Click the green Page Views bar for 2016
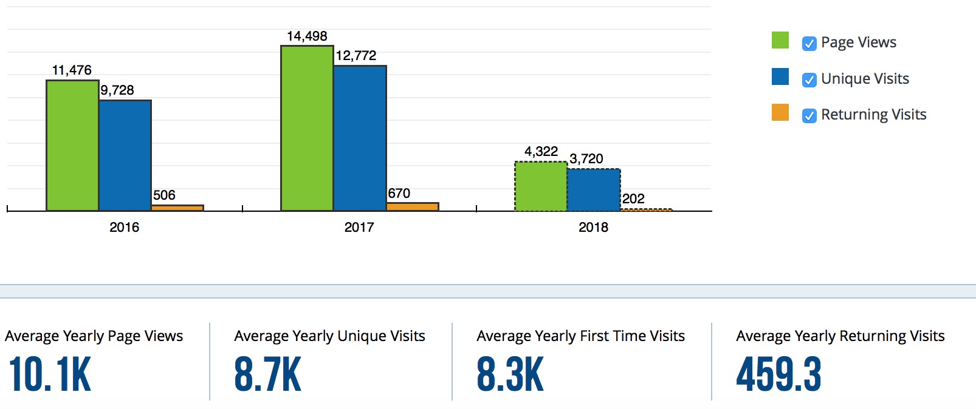(72, 146)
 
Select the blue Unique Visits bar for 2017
(360, 138)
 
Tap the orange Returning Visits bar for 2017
(412, 207)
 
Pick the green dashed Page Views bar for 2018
(541, 186)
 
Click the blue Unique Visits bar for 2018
(594, 190)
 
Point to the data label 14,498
(307, 36)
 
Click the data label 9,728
(117, 90)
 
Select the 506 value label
(164, 195)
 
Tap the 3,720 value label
(586, 159)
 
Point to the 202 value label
(633, 199)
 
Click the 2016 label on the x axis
(124, 228)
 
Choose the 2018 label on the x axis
(593, 228)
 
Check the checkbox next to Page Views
(809, 44)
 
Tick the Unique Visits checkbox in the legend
(809, 80)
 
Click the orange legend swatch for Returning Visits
(780, 113)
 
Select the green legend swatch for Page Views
(780, 41)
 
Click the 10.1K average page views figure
(50, 375)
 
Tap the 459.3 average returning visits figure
(778, 375)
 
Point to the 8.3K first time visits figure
(510, 375)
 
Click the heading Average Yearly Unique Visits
(329, 336)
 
